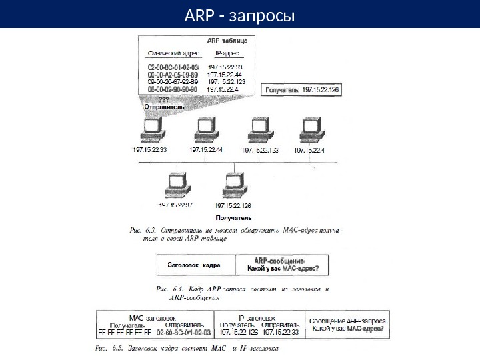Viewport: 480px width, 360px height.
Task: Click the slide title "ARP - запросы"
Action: pyautogui.click(x=239, y=14)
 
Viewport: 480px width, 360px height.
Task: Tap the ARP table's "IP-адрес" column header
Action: pyautogui.click(x=227, y=54)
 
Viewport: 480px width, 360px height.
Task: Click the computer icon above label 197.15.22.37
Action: pyautogui.click(x=176, y=183)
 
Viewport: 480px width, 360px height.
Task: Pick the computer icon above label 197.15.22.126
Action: pyautogui.click(x=233, y=183)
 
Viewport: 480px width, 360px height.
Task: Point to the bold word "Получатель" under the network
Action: pyautogui.click(x=233, y=217)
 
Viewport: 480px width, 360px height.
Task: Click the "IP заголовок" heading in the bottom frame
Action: pyautogui.click(x=262, y=318)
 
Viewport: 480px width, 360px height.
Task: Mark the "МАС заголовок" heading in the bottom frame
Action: pyautogui.click(x=155, y=318)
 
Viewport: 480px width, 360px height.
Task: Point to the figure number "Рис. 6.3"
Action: pyautogui.click(x=140, y=229)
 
